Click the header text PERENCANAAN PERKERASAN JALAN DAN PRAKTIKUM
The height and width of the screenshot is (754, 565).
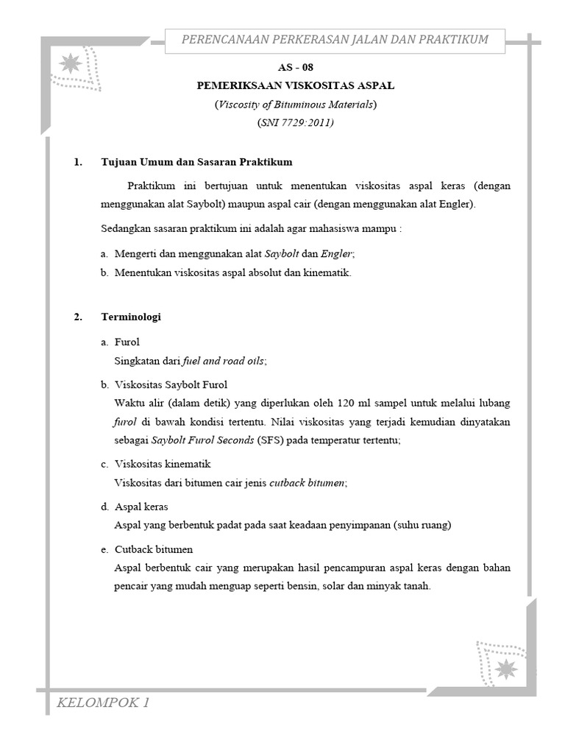point(335,39)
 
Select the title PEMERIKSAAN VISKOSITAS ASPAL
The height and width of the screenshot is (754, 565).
point(295,85)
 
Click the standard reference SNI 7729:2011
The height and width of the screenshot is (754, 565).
point(295,123)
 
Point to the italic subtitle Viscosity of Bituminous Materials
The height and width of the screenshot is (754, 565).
point(295,105)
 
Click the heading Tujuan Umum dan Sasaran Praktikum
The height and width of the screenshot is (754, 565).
point(197,162)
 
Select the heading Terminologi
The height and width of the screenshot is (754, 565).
point(131,317)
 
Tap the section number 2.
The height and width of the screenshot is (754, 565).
point(78,317)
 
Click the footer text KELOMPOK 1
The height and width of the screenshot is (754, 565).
point(104,703)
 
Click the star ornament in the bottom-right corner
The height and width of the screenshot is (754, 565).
point(505,669)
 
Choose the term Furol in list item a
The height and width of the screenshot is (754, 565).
point(127,342)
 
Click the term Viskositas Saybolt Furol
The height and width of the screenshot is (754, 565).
point(171,385)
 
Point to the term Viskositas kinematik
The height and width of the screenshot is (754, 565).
point(163,465)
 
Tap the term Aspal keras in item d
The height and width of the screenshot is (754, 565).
point(141,507)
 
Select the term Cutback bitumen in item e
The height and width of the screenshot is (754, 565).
point(154,550)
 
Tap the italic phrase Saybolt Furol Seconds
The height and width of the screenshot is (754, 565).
point(202,440)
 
